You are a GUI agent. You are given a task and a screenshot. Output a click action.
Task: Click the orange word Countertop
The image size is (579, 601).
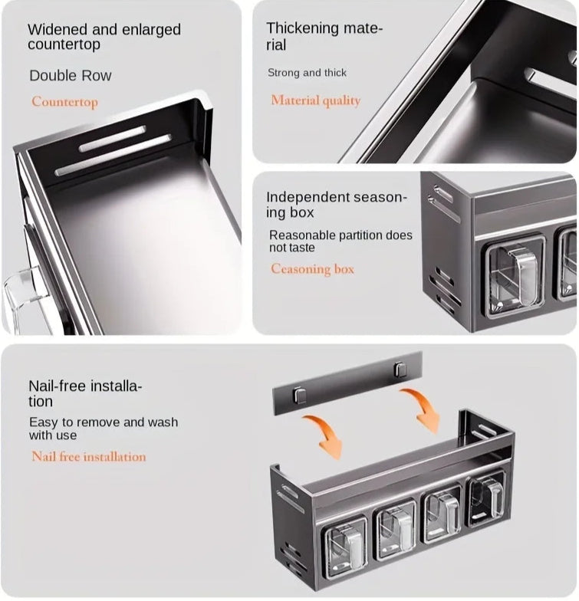click(x=64, y=102)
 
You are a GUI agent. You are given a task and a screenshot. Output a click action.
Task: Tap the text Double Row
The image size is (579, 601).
click(x=71, y=75)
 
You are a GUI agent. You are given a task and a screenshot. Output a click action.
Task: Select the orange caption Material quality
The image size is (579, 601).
click(x=316, y=100)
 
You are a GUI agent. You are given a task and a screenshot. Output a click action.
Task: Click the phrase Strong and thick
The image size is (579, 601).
click(x=307, y=72)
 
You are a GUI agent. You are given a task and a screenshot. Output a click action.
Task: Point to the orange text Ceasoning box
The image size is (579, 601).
click(x=312, y=268)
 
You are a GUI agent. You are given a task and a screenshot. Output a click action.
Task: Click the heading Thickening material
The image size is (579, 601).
click(x=324, y=37)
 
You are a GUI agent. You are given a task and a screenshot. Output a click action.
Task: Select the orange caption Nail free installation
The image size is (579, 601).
click(x=89, y=456)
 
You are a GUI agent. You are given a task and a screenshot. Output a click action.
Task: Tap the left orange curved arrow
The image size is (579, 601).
click(x=324, y=435)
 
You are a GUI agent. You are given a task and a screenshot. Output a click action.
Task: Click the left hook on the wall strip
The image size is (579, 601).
click(x=299, y=395)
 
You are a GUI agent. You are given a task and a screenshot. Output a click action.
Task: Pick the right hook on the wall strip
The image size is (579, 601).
click(x=400, y=369)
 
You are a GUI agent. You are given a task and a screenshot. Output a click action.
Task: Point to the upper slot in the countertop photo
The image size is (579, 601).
click(x=113, y=138)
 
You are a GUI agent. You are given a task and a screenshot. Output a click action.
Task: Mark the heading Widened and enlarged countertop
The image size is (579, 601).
click(x=104, y=37)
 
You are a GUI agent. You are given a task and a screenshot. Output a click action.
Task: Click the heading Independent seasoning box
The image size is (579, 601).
click(x=336, y=204)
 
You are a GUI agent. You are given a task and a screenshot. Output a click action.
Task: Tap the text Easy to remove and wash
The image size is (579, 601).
click(x=104, y=422)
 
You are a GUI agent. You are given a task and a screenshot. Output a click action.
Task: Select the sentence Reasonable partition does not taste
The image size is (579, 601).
click(x=340, y=241)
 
